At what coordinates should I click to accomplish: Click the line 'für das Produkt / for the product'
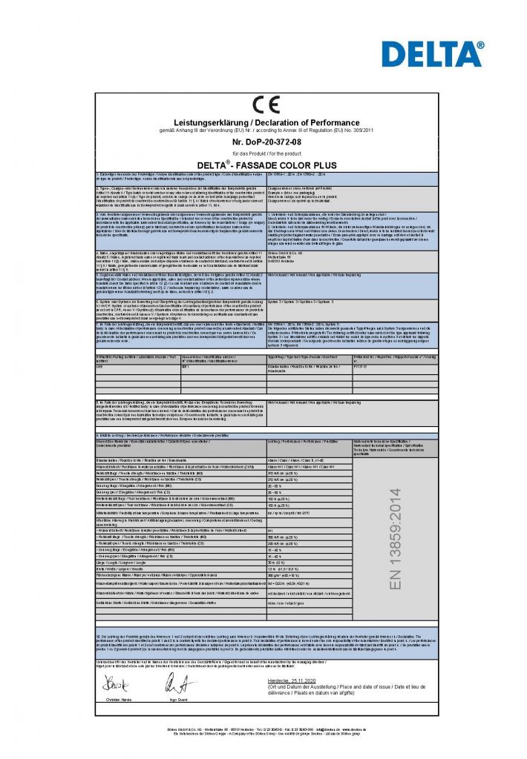(x=264, y=152)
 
